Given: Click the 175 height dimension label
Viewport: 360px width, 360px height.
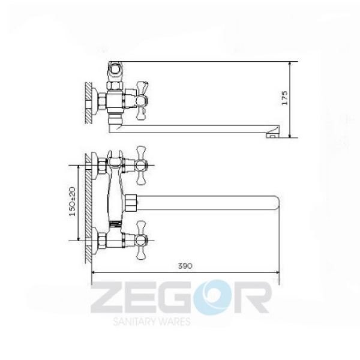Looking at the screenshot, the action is click(x=284, y=98).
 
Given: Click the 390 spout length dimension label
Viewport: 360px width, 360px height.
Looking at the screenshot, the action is click(x=185, y=266).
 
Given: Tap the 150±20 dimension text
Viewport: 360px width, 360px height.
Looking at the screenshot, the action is click(x=73, y=202).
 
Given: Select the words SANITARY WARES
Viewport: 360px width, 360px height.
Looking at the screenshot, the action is click(x=152, y=322).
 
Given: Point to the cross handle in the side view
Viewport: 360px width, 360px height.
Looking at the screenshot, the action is click(x=142, y=101).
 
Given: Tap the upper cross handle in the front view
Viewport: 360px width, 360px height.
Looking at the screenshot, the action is click(x=141, y=166).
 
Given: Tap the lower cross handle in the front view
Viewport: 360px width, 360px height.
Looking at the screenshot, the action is click(x=141, y=241).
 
